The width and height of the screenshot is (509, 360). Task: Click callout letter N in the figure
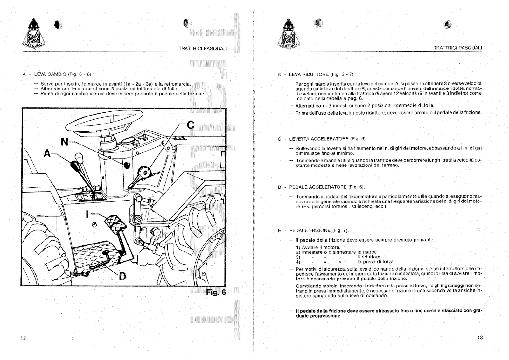point(64,142)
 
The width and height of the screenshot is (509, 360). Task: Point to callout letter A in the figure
point(47,153)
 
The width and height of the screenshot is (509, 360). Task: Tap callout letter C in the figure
point(190,125)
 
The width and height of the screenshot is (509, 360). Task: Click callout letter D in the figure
point(122,276)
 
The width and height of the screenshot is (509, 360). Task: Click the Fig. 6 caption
point(216,292)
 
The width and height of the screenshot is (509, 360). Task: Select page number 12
point(23,338)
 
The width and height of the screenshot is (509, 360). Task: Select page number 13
point(480,338)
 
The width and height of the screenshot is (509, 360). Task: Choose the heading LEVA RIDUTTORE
point(309,74)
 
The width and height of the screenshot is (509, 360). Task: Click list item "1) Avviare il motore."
point(318,247)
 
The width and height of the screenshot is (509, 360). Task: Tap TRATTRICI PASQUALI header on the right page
point(457,48)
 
